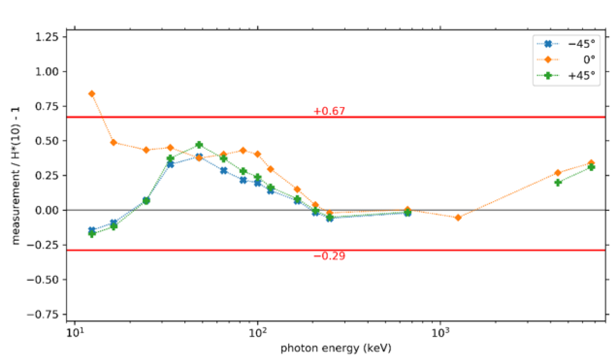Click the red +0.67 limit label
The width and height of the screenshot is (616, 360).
point(329,111)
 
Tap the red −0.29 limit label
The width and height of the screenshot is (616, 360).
point(329,256)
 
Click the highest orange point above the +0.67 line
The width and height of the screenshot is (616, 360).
point(92,94)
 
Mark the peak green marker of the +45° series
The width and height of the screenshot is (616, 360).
point(199,145)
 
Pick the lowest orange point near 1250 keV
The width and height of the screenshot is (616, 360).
point(458,217)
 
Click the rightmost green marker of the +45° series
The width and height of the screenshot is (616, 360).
point(591,167)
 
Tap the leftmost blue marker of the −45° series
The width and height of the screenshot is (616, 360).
point(92,230)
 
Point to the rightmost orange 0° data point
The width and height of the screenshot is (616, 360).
point(591,163)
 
